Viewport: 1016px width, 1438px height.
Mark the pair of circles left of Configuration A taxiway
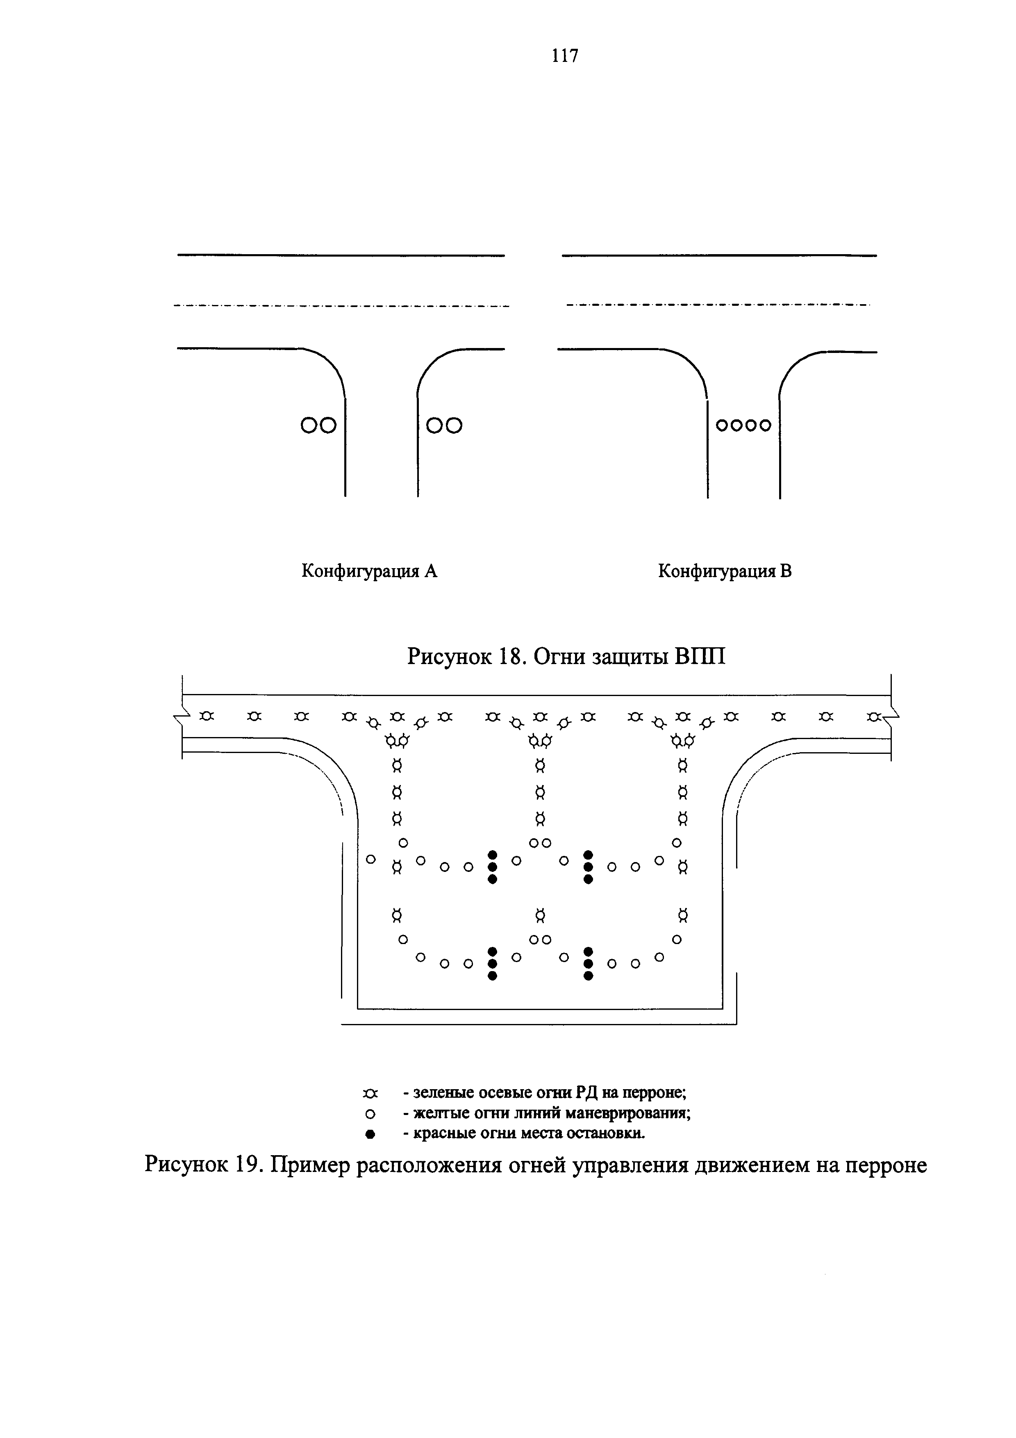[318, 426]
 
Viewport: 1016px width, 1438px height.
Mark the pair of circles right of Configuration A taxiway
[444, 426]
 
